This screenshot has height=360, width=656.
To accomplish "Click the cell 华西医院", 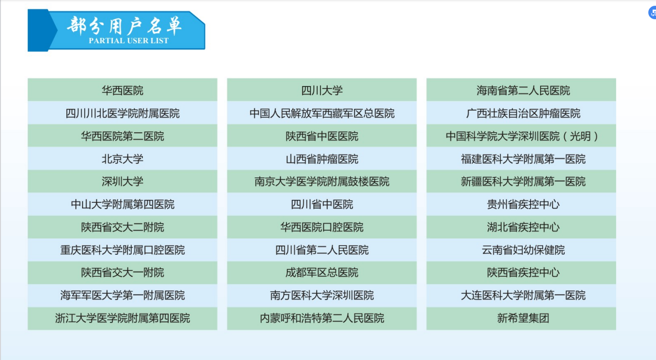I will (x=122, y=90).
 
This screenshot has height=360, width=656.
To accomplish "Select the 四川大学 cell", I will (x=322, y=90).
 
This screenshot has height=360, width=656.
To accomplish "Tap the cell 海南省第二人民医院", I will (x=521, y=90).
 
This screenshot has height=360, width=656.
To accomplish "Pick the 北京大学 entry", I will (x=122, y=159).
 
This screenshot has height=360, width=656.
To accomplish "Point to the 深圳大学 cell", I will (x=122, y=182).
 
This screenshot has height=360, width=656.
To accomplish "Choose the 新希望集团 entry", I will (x=521, y=318).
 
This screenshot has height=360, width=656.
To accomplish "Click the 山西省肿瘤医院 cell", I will (x=322, y=159).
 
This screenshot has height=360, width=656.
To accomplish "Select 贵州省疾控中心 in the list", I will (x=521, y=204).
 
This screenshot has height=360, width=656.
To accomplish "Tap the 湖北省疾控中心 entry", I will (x=521, y=227).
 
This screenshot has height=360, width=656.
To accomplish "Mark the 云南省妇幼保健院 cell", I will (x=521, y=250).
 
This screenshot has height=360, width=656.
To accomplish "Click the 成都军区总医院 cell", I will (x=322, y=273).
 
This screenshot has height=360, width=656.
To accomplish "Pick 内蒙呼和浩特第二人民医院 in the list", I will (x=322, y=318).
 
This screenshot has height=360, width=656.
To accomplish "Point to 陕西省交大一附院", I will (x=122, y=273).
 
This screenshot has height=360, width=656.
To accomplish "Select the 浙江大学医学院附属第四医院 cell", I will (x=122, y=318).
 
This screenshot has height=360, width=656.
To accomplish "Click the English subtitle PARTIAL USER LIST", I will (x=128, y=41).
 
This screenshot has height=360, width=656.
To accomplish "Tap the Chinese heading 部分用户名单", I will (x=124, y=26).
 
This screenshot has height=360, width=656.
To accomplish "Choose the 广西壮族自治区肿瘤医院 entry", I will (x=521, y=113).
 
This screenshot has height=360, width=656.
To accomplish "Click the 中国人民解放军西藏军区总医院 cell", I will (x=322, y=113).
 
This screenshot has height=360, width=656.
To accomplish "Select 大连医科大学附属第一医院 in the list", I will (x=521, y=295).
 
